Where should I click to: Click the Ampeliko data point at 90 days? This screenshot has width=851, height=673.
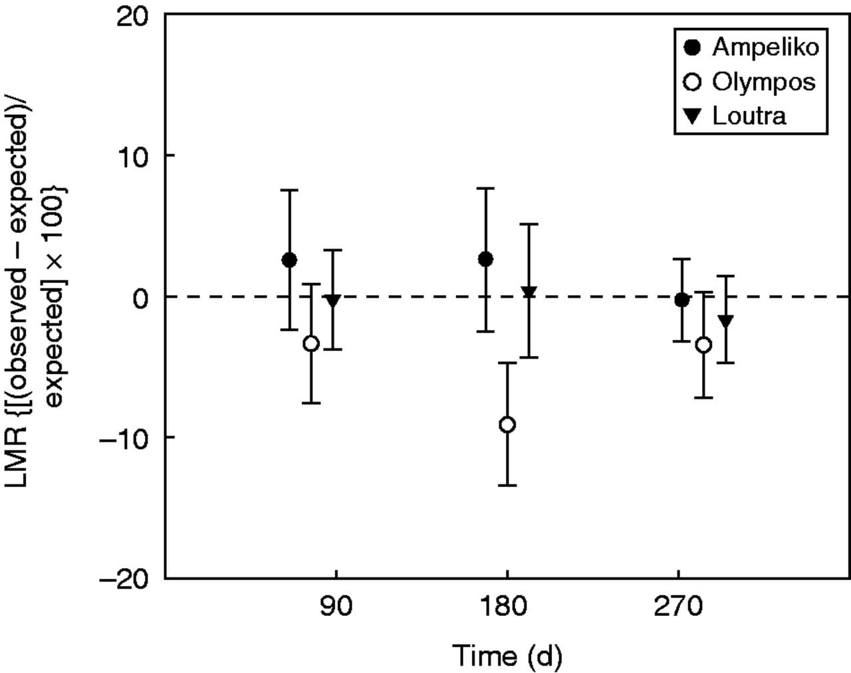(x=289, y=260)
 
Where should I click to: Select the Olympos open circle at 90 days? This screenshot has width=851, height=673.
(x=311, y=343)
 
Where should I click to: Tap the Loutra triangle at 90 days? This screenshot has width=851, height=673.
(x=333, y=301)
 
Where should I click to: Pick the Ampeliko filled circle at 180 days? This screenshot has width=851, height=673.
(x=486, y=259)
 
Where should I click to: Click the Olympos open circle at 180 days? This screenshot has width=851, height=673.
(x=507, y=425)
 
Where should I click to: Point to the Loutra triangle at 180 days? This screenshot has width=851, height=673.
(x=529, y=292)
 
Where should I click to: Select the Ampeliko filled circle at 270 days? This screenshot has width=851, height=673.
(x=681, y=300)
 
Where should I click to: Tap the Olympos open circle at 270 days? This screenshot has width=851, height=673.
(x=703, y=345)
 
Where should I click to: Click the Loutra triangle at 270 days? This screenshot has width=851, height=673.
(x=725, y=322)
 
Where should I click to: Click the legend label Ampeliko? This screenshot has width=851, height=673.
(x=765, y=47)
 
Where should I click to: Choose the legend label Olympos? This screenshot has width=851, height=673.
(x=763, y=82)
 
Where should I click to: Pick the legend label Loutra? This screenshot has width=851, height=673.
(x=749, y=116)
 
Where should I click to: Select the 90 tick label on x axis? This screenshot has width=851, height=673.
(x=336, y=607)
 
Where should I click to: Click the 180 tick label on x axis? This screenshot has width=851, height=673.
(x=507, y=607)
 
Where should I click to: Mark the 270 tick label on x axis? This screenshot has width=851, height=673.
(x=678, y=607)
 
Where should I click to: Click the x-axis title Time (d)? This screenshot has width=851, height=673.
(x=507, y=656)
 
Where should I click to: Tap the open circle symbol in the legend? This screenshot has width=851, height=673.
(x=693, y=82)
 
